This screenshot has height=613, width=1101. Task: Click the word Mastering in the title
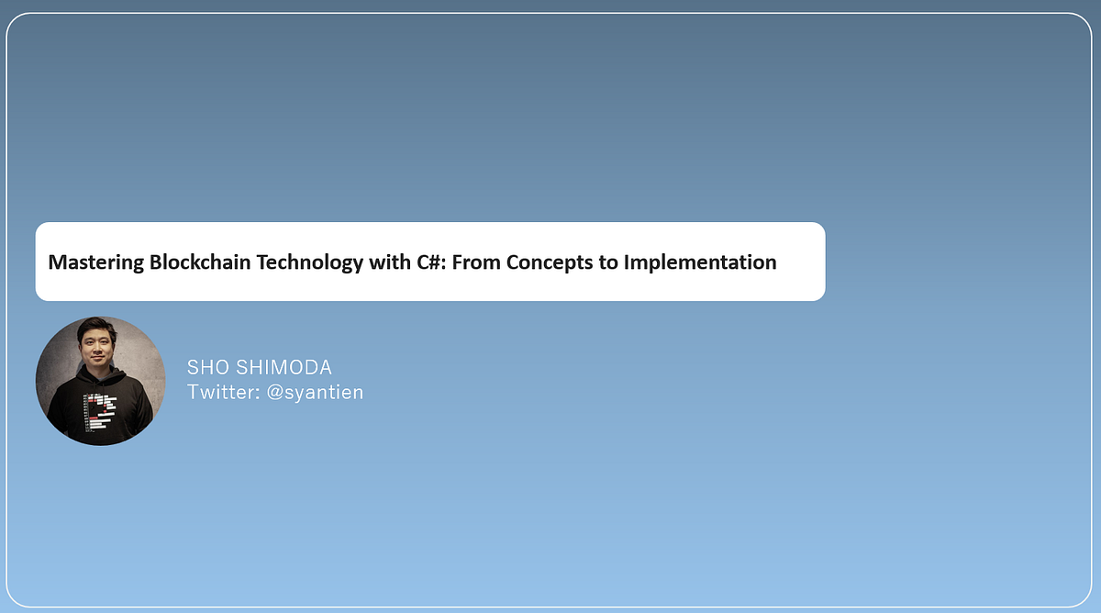96,262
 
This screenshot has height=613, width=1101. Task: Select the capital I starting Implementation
628,262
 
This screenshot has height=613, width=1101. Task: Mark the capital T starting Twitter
193,393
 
